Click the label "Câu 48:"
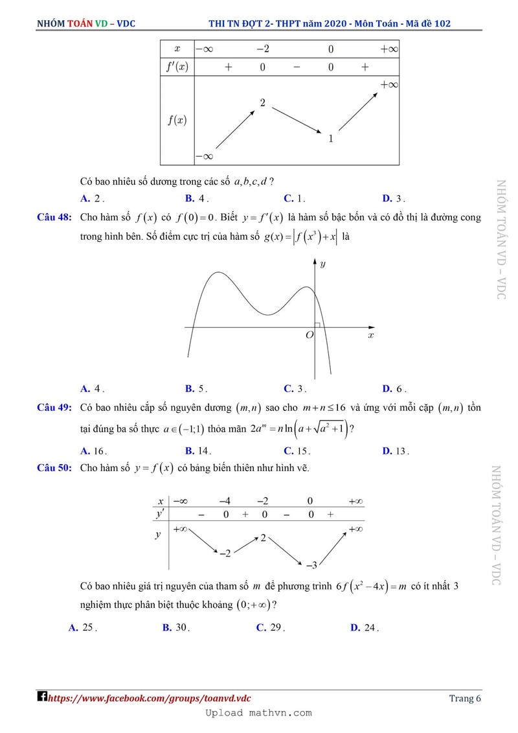pos(54,218)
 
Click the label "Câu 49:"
pos(54,408)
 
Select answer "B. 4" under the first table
pos(196,199)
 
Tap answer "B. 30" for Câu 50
pos(177,627)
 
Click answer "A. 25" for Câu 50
pos(82,627)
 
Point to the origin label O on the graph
pos(310,335)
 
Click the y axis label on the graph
pos(322,264)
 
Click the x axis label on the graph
pos(371,336)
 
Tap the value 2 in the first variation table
pos(262,103)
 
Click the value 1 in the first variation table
pos(331,139)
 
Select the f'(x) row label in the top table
pos(177,67)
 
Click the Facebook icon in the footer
pos(42,697)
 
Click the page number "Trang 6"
pos(465,698)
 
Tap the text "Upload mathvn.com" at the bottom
pos(258,713)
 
